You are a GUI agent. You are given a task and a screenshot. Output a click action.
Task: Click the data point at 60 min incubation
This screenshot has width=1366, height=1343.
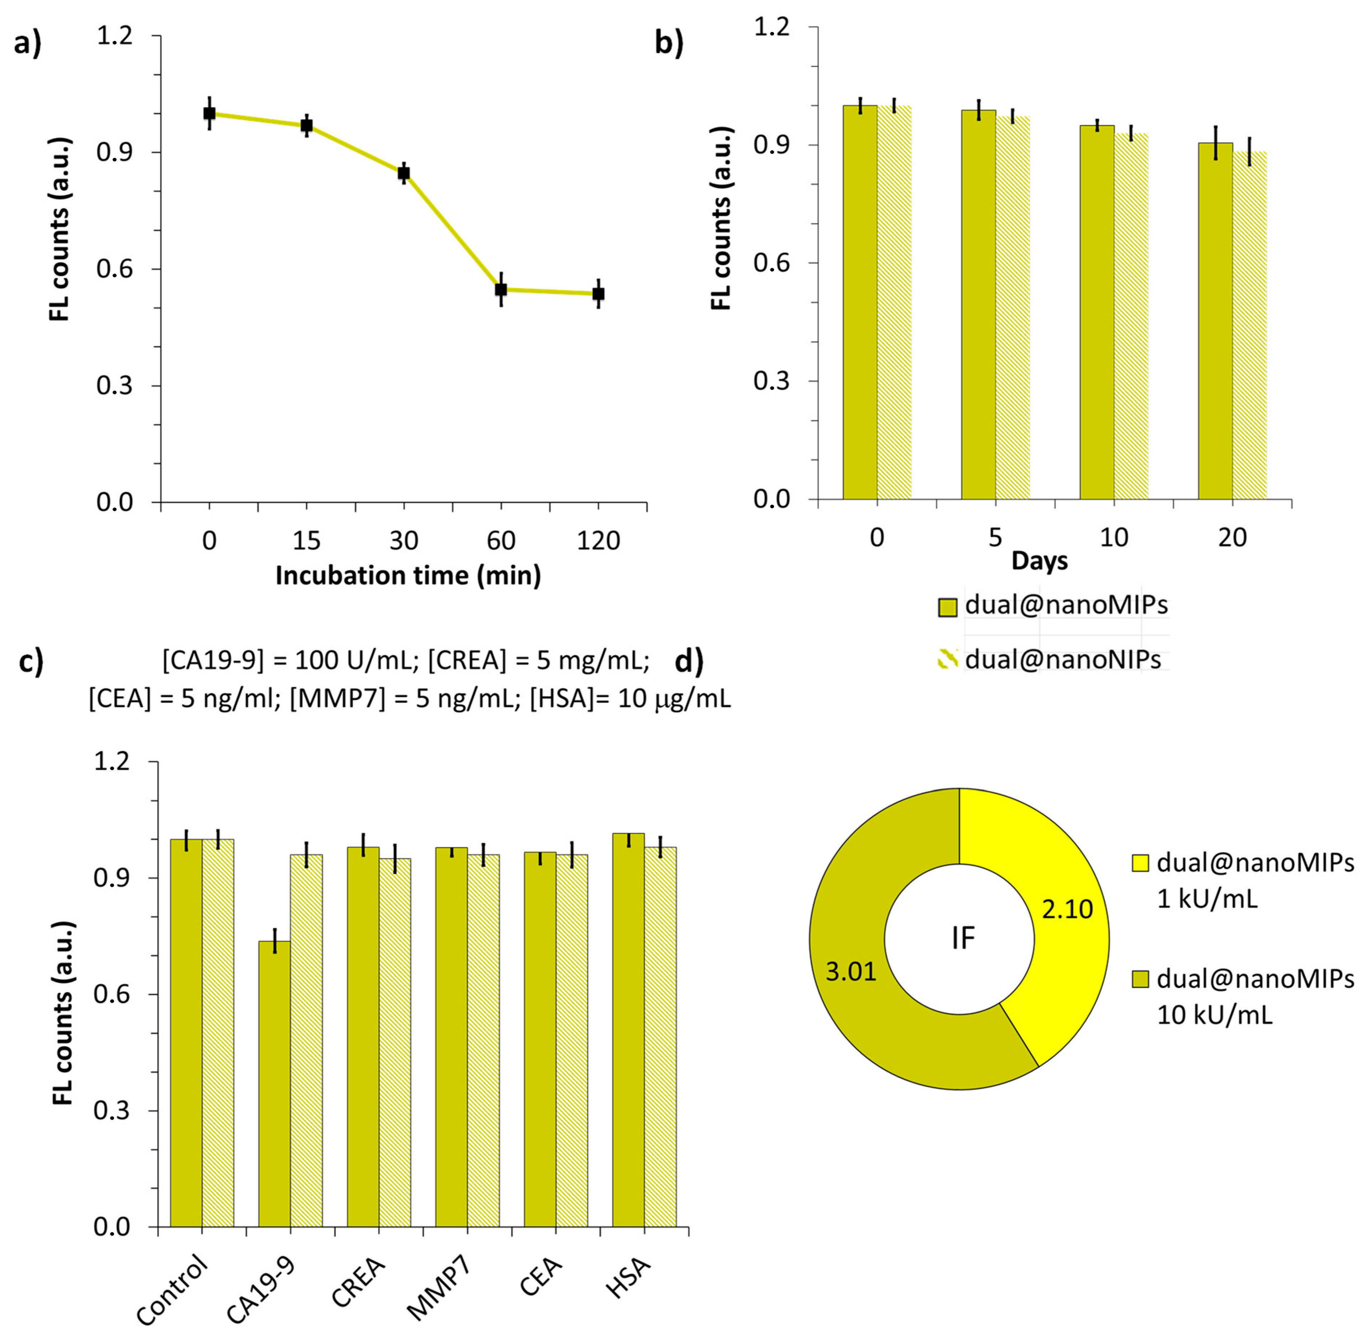501,289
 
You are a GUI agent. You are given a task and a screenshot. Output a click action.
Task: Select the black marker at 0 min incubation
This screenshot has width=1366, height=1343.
209,113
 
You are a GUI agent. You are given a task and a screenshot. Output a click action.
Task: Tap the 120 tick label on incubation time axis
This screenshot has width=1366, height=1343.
598,541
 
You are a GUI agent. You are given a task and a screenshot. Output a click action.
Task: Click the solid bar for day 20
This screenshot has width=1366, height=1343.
1215,321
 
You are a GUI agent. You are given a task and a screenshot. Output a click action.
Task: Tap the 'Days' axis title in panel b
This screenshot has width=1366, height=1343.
1040,561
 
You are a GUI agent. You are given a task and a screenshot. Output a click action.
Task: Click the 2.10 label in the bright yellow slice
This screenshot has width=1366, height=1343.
1067,909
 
